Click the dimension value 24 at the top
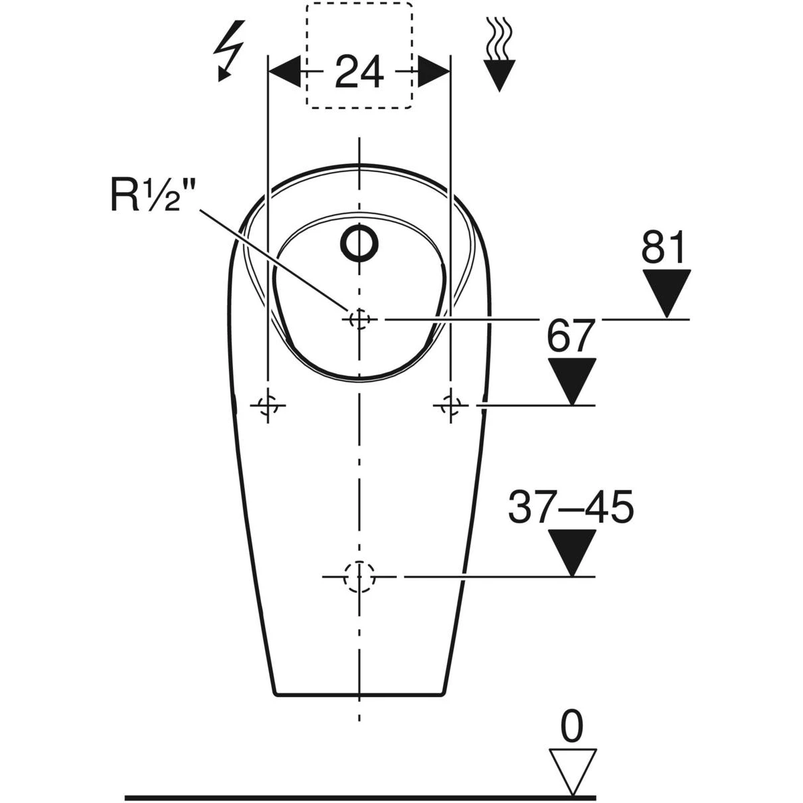[x=359, y=72]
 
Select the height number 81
[x=663, y=247]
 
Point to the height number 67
[x=569, y=335]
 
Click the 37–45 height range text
[x=571, y=507]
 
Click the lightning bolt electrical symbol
[x=228, y=50]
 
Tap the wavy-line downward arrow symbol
[x=499, y=54]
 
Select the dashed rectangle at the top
[x=359, y=56]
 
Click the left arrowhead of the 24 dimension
[x=285, y=71]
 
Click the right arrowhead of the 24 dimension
[x=434, y=71]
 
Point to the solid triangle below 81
[x=666, y=293]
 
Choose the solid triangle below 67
[x=571, y=381]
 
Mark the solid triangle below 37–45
[x=571, y=553]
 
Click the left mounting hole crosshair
[x=268, y=405]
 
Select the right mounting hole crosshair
[x=450, y=405]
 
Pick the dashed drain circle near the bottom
[x=359, y=577]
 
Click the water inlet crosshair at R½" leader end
[x=359, y=320]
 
